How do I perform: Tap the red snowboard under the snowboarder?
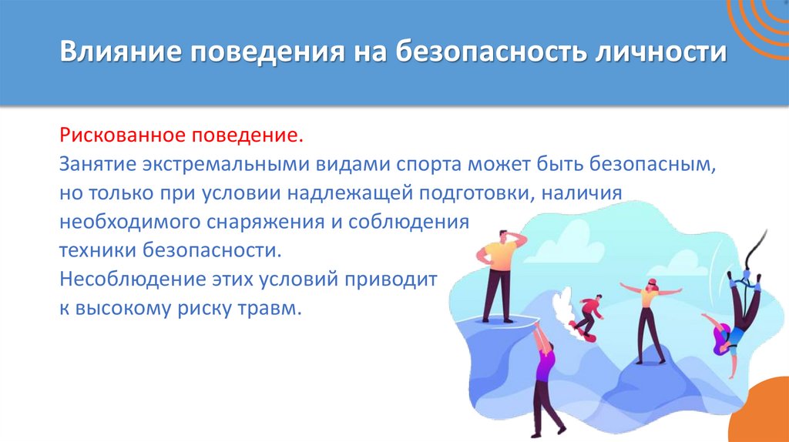[585, 335]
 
